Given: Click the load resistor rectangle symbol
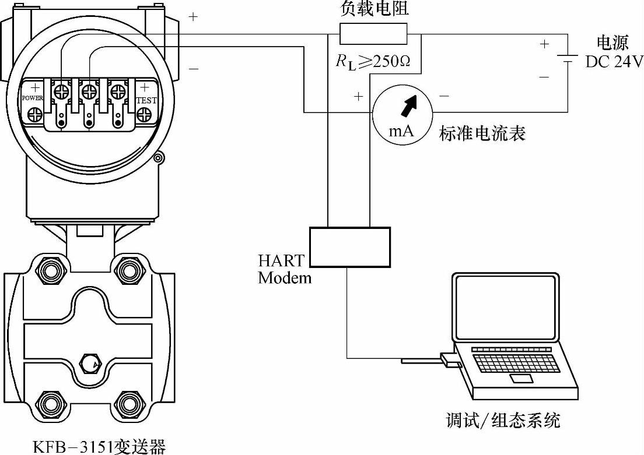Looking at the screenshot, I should click(373, 34).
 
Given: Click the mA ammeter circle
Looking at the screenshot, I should click(402, 112).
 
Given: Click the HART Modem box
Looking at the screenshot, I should click(349, 247).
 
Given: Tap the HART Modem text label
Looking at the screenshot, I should click(285, 269).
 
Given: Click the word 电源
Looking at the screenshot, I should click(612, 43).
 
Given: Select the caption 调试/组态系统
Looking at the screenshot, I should click(503, 420).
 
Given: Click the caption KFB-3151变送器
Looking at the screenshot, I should click(99, 447).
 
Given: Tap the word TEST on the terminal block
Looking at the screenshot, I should click(146, 100).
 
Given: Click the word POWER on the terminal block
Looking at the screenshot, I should click(32, 98).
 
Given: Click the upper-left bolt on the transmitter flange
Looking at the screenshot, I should click(46, 269).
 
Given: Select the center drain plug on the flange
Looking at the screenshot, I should click(89, 363).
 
